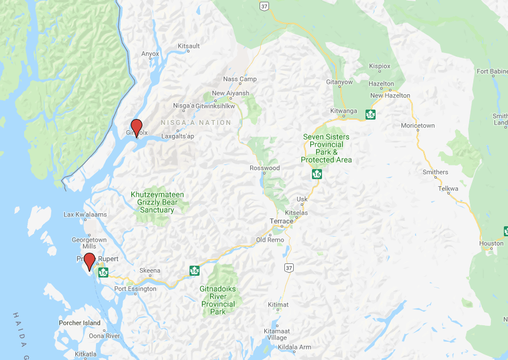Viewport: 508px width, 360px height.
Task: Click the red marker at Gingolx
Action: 137,126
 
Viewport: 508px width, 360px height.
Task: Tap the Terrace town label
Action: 281,222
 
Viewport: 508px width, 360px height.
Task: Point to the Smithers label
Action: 435,173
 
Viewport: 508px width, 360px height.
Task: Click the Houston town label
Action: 491,243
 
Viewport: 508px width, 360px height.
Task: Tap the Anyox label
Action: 150,54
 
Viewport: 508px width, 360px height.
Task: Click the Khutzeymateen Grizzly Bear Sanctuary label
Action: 157,202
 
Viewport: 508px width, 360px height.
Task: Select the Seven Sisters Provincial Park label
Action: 326,148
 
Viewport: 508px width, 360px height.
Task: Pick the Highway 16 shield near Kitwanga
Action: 370,114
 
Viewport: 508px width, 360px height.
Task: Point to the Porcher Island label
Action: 79,323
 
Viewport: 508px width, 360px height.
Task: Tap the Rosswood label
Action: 264,168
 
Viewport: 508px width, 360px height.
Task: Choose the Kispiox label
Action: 379,67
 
